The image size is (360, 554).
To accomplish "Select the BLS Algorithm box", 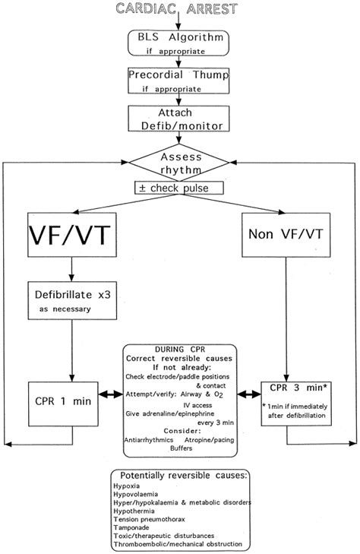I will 179,44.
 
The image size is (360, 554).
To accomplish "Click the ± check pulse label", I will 180,188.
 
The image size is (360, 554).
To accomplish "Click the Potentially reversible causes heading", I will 179,475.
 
